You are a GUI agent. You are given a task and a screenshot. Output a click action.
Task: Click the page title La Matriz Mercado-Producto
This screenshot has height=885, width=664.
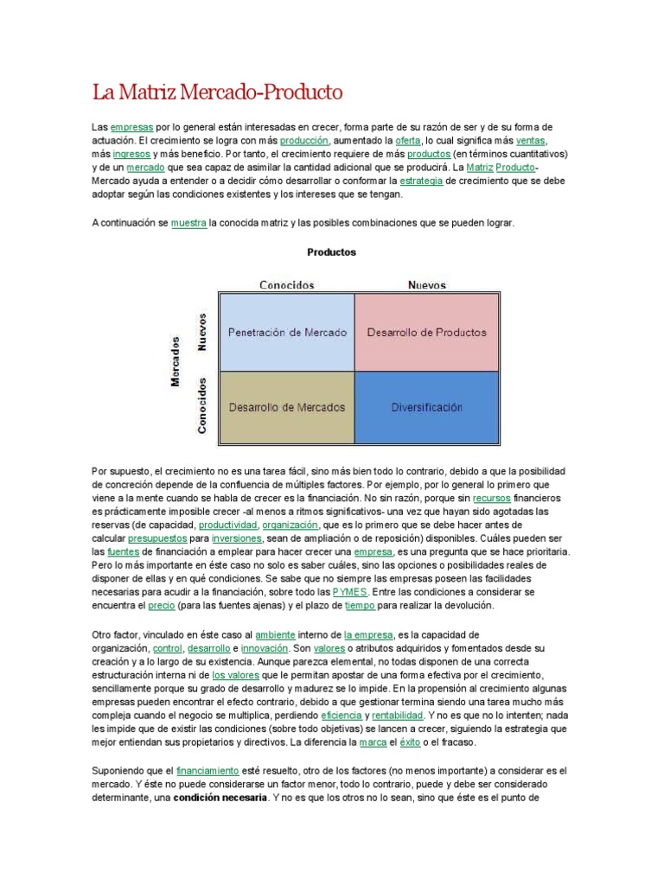[x=217, y=91]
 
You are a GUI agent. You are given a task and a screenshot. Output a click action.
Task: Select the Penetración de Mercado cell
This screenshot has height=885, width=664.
[x=287, y=332]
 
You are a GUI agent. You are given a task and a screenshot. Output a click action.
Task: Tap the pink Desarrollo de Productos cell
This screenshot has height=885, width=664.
[x=426, y=332]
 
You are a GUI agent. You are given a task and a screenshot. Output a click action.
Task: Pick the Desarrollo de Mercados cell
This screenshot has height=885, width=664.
[x=287, y=407]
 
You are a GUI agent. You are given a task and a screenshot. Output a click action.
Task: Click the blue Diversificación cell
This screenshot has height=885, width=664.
[x=426, y=407]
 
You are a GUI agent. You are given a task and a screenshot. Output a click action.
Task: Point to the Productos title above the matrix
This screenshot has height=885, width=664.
[x=332, y=252]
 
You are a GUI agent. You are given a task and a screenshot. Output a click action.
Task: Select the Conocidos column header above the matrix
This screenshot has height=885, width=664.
[x=287, y=284]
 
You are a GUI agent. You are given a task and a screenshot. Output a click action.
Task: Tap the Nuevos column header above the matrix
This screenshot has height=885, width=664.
[x=426, y=284]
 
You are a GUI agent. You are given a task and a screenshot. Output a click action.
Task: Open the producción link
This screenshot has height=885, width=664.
[x=303, y=139]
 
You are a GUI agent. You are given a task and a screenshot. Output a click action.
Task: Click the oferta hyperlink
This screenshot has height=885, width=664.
[x=407, y=139]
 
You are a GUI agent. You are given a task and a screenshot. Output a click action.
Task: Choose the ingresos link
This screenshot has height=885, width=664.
[x=131, y=153]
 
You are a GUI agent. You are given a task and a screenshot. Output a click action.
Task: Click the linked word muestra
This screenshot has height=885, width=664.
[x=188, y=222]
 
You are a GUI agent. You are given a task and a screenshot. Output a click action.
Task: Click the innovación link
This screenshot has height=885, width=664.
[x=264, y=647]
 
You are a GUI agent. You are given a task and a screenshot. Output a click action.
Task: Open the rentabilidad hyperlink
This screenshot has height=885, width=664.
[x=399, y=716]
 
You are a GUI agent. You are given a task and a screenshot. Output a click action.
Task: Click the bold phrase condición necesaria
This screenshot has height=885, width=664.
[x=219, y=798]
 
